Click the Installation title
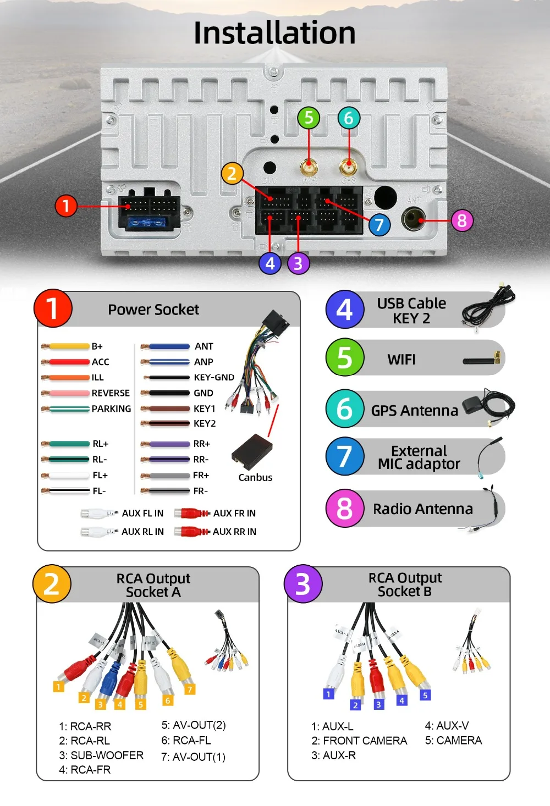[x=274, y=32]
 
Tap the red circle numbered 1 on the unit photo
[x=66, y=206]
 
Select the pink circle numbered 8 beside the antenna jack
[x=462, y=220]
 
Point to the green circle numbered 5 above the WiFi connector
[x=309, y=118]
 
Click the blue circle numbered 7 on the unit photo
[x=379, y=224]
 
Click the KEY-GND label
[x=214, y=377]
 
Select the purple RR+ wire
[x=168, y=444]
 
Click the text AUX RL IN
[x=142, y=532]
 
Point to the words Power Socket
[x=153, y=310]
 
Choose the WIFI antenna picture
[x=482, y=360]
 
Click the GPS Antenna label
[x=414, y=411]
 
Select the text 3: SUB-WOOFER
[x=101, y=755]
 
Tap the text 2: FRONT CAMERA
[x=359, y=741]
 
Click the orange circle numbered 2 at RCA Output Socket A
[x=52, y=583]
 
